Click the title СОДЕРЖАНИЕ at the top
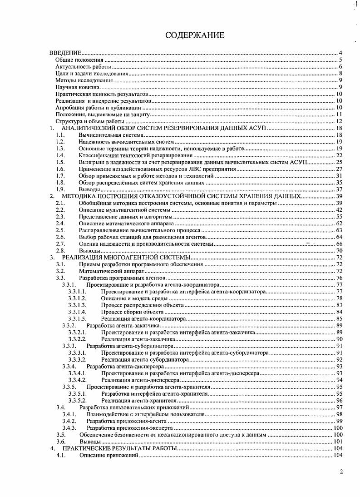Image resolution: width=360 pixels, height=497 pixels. point(194,35)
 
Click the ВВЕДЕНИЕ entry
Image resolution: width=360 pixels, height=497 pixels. point(65,53)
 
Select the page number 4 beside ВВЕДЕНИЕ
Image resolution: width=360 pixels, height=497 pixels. point(340,53)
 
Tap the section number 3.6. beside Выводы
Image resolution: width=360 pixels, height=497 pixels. point(61,441)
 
